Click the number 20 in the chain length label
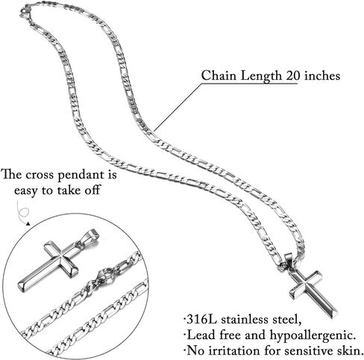pos(293,75)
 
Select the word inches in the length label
pos(322,75)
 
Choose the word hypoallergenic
pos(312,335)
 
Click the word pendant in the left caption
pos(81,176)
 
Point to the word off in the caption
pos(92,190)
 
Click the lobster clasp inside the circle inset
pos(102,278)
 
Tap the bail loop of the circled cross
pos(91,236)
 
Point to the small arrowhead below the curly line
pos(28,224)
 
